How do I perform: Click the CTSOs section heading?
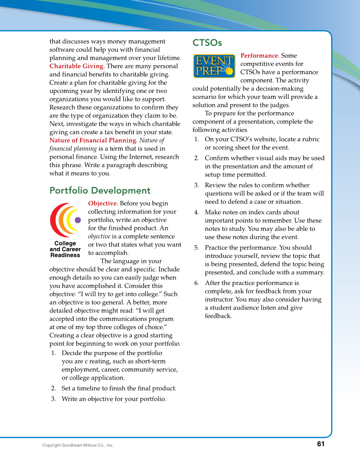207,43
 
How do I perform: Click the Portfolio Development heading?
100,191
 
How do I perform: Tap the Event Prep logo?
214,66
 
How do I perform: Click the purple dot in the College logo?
78,220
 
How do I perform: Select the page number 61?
320,444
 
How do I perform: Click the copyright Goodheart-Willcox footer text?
78,445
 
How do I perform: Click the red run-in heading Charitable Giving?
77,66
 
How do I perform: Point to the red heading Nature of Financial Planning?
93,140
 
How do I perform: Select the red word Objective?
103,204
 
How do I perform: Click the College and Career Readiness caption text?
65,249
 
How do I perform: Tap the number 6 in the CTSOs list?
196,283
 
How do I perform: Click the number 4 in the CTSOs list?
196,212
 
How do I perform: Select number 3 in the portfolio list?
53,399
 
